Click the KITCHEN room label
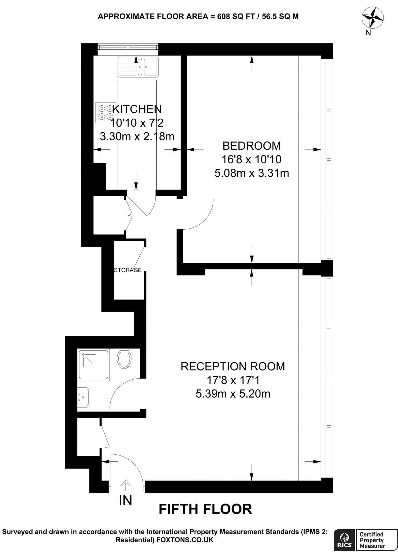[137, 109]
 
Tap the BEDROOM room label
[252, 146]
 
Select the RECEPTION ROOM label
[233, 367]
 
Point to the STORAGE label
[128, 270]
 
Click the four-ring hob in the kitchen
[105, 112]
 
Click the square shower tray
[93, 365]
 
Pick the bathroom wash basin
[84, 397]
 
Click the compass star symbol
[373, 18]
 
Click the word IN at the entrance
[126, 501]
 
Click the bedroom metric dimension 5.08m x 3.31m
[252, 173]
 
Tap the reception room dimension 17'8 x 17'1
[233, 380]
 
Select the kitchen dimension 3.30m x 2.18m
[137, 136]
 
